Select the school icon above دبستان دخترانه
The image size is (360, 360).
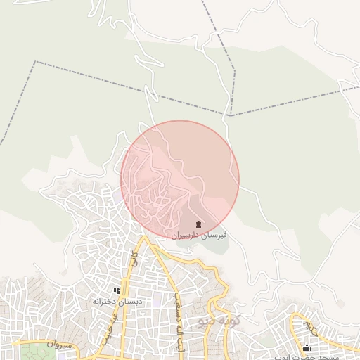click(117, 290)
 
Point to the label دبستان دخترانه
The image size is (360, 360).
click(117, 301)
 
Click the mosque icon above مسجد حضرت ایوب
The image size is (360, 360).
click(307, 348)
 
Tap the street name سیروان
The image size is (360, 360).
click(59, 345)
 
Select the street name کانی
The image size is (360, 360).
click(134, 258)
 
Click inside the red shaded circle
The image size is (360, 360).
click(180, 179)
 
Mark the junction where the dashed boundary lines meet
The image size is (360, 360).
click(230, 115)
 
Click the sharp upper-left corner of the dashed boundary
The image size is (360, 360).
click(35, 62)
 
